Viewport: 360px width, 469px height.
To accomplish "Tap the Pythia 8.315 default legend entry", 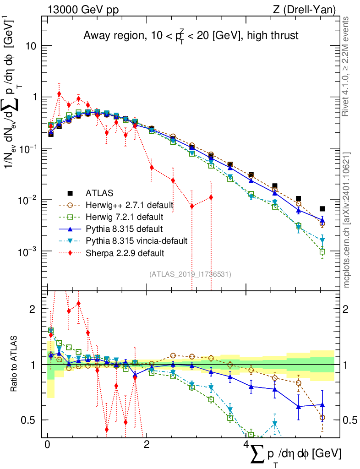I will [124, 229].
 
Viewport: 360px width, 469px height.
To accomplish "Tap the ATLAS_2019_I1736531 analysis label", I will [190, 274].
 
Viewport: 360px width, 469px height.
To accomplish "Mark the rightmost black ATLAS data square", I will [322, 208].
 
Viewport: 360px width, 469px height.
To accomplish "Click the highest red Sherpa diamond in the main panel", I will [59, 94].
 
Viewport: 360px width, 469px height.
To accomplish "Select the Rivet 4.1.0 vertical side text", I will [347, 66].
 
